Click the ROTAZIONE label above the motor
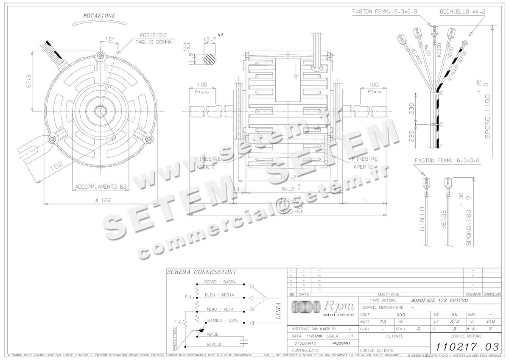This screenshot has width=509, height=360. [99, 16]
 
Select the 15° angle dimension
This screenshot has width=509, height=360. [110, 39]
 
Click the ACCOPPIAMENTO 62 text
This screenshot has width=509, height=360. [101, 187]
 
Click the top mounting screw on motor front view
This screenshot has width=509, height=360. [101, 55]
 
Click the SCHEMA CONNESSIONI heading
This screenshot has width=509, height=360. [201, 272]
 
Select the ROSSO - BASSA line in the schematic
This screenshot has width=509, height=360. [220, 282]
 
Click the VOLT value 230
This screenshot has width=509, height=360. [400, 315]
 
